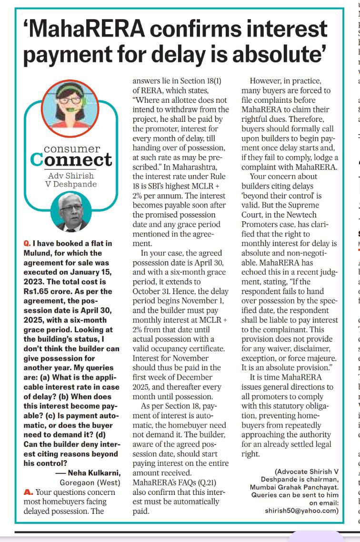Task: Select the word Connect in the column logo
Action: tap(71, 160)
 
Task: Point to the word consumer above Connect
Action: tap(72, 149)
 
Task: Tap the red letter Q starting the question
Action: tap(27, 244)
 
